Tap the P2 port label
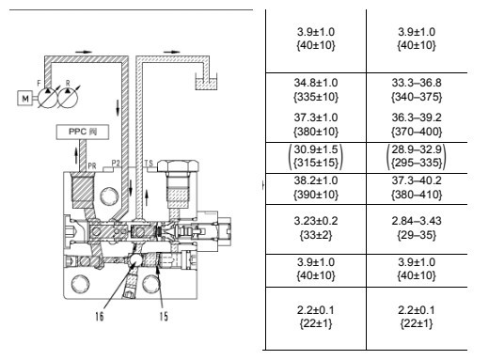point(117,163)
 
